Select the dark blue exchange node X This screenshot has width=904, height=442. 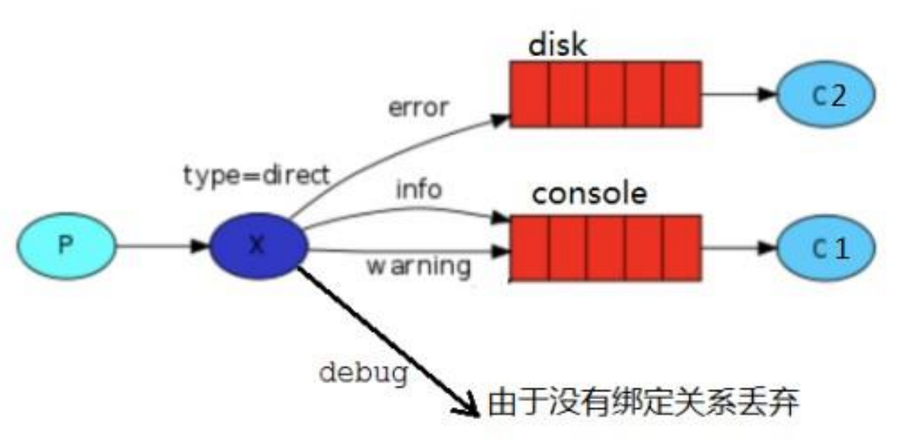coord(258,246)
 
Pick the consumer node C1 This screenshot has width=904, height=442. coord(826,247)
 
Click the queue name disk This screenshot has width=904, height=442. coord(557,44)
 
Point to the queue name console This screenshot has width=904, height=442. coord(589,194)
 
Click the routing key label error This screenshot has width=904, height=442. coord(418,107)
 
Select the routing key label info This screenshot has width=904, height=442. coord(420,190)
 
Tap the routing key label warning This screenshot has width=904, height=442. coord(418,266)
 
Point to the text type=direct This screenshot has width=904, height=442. coord(255,176)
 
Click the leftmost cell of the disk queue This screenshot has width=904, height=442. coord(529,94)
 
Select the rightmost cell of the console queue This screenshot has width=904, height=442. coord(682,247)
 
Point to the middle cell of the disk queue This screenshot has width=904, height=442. coord(605,94)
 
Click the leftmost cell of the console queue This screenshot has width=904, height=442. coord(529,247)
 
